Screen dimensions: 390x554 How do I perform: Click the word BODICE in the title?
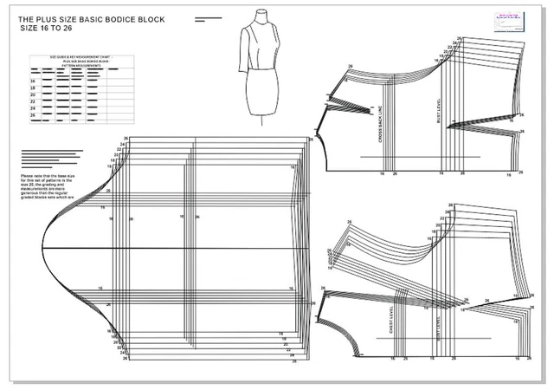pyautogui.click(x=139, y=18)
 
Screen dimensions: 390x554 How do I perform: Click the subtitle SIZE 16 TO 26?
pyautogui.click(x=53, y=28)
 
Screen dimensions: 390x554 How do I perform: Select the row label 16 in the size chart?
pyautogui.click(x=33, y=80)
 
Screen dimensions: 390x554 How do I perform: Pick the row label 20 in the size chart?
pyautogui.click(x=33, y=96)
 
